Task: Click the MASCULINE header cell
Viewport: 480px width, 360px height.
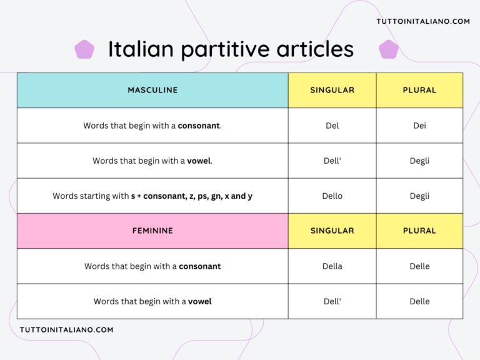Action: pyautogui.click(x=152, y=90)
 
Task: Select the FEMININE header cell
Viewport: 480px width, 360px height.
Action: pyautogui.click(x=152, y=231)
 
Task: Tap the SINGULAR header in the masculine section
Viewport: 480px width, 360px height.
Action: pyautogui.click(x=332, y=90)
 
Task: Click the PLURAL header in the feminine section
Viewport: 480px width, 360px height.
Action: pyautogui.click(x=419, y=231)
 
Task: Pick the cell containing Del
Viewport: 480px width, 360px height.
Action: pyautogui.click(x=332, y=126)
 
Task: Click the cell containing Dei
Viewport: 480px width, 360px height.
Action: pyautogui.click(x=419, y=126)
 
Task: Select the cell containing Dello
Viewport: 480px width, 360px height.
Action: pyautogui.click(x=332, y=196)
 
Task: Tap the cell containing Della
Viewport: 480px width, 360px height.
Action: pyautogui.click(x=332, y=266)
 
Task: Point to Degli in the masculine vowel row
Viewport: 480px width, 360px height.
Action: pyautogui.click(x=419, y=161)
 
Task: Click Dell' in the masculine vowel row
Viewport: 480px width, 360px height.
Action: pyautogui.click(x=332, y=161)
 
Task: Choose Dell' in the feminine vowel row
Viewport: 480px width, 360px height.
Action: pyautogui.click(x=332, y=301)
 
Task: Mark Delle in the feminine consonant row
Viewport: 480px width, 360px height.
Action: pyautogui.click(x=419, y=266)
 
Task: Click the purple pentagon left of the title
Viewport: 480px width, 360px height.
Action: pyautogui.click(x=84, y=49)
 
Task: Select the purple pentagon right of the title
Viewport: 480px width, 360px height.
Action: pyautogui.click(x=388, y=49)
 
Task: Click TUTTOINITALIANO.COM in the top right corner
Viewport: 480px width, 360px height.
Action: pyautogui.click(x=422, y=21)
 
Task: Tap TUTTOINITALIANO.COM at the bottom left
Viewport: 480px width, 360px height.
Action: pyautogui.click(x=66, y=329)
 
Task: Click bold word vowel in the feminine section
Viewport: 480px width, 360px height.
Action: pyautogui.click(x=200, y=301)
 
